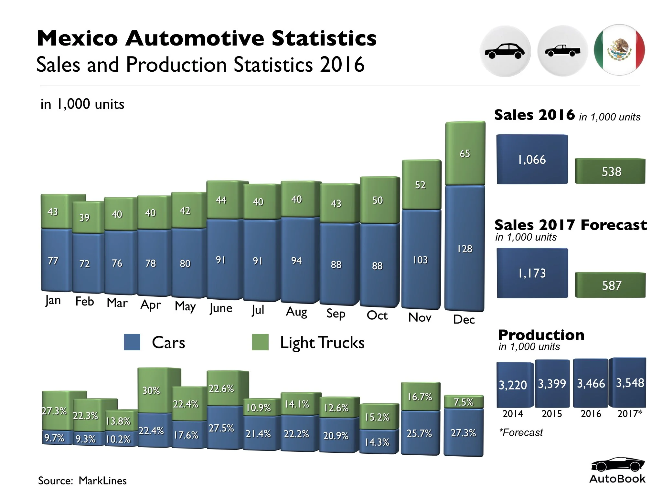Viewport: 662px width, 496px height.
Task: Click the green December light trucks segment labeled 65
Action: pyautogui.click(x=465, y=153)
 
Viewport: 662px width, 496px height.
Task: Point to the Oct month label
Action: pyautogui.click(x=377, y=315)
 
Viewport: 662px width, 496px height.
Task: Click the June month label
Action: pyautogui.click(x=221, y=308)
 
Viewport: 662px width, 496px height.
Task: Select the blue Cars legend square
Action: pyautogui.click(x=132, y=342)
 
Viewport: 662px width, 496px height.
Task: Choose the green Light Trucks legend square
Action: pyautogui.click(x=260, y=342)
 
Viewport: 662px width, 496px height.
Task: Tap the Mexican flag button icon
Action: pyautogui.click(x=619, y=50)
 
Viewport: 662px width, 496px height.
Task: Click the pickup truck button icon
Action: pyautogui.click(x=562, y=51)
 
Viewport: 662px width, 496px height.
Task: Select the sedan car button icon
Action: pyautogui.click(x=505, y=51)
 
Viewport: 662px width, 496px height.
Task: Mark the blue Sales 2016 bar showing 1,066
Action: pyautogui.click(x=532, y=160)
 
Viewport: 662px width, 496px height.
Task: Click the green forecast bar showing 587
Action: pyautogui.click(x=610, y=285)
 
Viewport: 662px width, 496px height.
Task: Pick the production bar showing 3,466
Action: pyautogui.click(x=591, y=383)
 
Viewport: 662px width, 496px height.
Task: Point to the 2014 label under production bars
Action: pyautogui.click(x=513, y=414)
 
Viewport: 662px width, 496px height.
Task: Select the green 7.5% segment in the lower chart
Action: pyautogui.click(x=464, y=402)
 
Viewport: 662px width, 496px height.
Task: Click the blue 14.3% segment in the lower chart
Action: pyautogui.click(x=378, y=442)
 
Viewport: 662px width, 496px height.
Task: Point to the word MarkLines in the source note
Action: pyautogui.click(x=102, y=481)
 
